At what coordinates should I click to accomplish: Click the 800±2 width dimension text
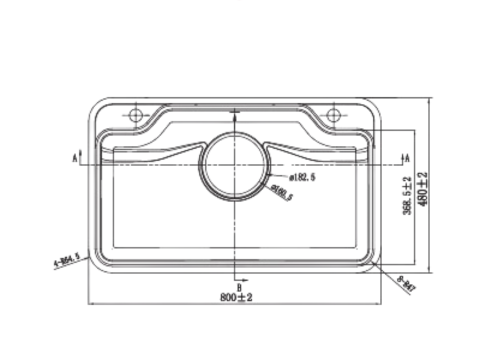pos(237,297)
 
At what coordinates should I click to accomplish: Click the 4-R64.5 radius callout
pos(67,262)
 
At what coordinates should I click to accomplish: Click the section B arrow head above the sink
pos(236,104)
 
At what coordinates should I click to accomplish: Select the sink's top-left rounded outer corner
pos(96,106)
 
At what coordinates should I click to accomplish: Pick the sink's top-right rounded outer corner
pos(377,106)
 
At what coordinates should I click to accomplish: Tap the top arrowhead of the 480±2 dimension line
pos(429,100)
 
